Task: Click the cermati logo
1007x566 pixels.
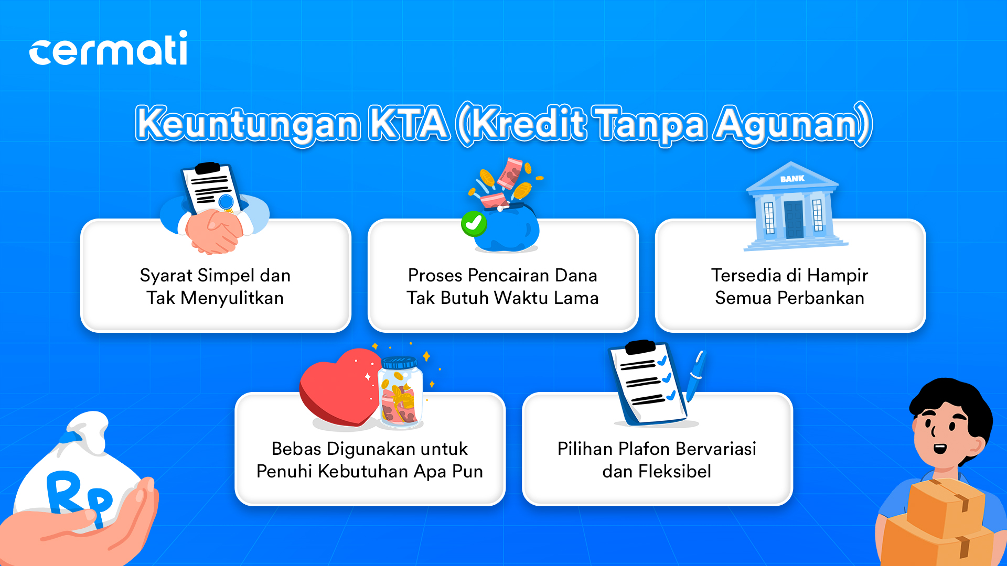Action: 108,48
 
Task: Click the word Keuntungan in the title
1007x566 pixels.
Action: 248,125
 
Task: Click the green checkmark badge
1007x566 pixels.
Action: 474,224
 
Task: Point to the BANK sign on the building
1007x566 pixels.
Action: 792,179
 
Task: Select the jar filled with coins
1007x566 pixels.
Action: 401,392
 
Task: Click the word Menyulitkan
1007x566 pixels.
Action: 232,298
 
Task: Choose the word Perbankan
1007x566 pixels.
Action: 821,298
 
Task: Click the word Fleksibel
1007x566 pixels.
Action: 674,472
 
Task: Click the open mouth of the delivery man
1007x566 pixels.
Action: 940,449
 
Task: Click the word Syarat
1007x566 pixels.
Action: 166,276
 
